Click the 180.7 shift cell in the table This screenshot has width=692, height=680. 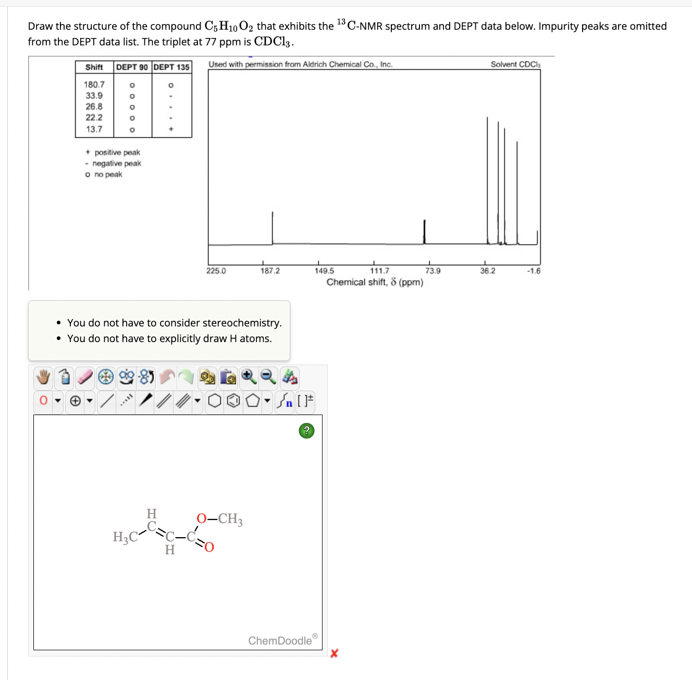94,84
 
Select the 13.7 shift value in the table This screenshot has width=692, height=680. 94,129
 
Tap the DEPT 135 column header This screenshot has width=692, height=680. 171,67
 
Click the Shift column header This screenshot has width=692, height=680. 94,67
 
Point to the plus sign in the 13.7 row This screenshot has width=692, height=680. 171,129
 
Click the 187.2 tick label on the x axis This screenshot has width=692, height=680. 270,271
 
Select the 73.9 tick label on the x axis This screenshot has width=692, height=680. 433,271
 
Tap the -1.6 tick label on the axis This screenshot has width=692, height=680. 534,271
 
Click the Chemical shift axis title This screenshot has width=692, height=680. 375,283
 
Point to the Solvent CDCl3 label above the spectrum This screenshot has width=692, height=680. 515,65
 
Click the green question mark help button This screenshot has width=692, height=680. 306,431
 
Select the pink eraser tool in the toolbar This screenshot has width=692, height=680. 85,377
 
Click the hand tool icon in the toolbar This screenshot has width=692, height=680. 44,377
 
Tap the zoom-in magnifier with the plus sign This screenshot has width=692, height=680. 249,377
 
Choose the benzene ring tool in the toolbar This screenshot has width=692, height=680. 234,401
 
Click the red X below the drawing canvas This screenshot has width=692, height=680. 334,653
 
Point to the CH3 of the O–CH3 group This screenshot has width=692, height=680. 230,519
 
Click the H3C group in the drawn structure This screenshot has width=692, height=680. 125,537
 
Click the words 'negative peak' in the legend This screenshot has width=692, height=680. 117,164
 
